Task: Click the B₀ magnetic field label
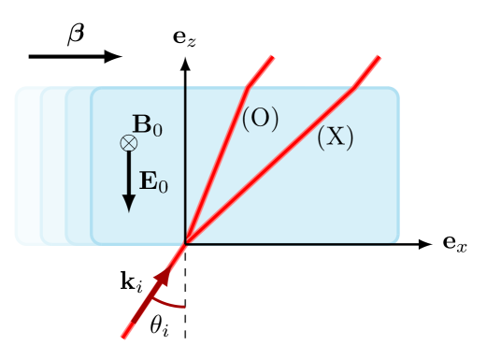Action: coord(148,125)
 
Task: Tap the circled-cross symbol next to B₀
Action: coord(129,143)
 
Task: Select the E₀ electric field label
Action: coord(153,181)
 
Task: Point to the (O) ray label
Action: coord(261,119)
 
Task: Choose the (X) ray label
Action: coord(335,137)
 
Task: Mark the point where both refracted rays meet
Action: coord(186,243)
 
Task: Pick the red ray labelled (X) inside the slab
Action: coord(271,166)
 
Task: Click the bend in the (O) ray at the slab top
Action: coord(248,88)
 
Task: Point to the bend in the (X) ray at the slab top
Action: coord(354,88)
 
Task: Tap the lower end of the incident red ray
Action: coord(123,337)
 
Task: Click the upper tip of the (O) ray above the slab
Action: coord(273,57)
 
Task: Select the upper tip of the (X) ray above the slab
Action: coord(379,57)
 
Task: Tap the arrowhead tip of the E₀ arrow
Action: coord(129,210)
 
